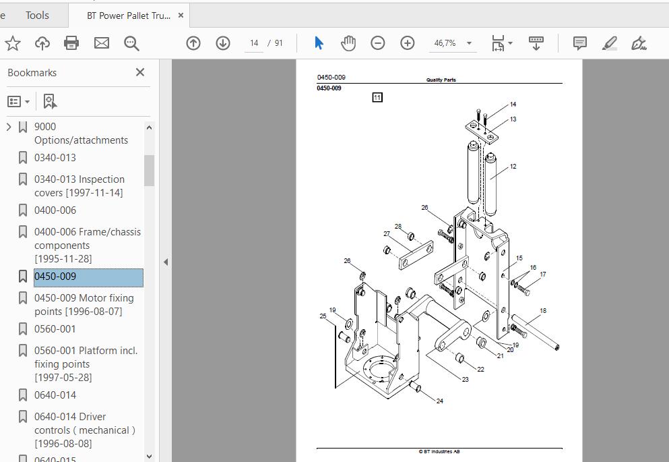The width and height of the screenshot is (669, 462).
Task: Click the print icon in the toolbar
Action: pos(71,43)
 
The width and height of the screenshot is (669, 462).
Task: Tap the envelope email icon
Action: pos(102,43)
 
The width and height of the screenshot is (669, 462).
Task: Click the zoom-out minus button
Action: pos(377,43)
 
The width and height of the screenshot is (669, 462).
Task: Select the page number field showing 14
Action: pos(254,43)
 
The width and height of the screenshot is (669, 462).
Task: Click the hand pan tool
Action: pos(348,43)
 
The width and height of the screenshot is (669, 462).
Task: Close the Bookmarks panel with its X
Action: pos(140,72)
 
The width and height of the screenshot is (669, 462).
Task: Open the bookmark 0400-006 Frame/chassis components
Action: pos(88,245)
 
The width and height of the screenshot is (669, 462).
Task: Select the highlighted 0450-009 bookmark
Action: pos(88,277)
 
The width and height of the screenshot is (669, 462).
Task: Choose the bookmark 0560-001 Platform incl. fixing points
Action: pos(86,364)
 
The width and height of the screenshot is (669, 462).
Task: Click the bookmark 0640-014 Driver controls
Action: pos(85,430)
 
